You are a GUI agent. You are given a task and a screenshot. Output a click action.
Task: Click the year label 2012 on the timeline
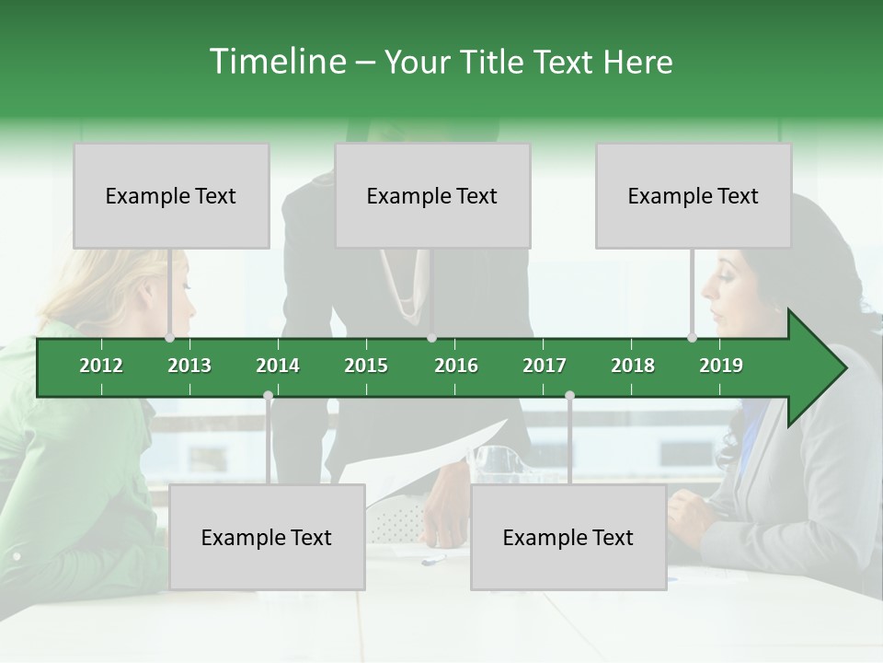pyautogui.click(x=101, y=366)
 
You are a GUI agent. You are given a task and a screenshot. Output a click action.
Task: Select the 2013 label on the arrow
pyautogui.click(x=189, y=366)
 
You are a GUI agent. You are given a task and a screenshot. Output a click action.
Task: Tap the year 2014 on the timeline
pyautogui.click(x=278, y=366)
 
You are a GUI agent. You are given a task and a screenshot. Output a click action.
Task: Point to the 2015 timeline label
pyautogui.click(x=366, y=366)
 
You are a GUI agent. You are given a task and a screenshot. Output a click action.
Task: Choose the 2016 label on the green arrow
pyautogui.click(x=456, y=366)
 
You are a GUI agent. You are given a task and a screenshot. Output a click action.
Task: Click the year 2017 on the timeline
pyautogui.click(x=545, y=366)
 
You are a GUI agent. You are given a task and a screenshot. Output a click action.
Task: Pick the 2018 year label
pyautogui.click(x=633, y=366)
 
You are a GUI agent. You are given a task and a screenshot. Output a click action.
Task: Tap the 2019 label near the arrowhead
pyautogui.click(x=721, y=366)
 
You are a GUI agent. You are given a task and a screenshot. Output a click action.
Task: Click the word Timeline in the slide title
pyautogui.click(x=277, y=62)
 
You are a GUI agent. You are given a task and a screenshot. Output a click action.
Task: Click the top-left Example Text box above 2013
pyautogui.click(x=171, y=195)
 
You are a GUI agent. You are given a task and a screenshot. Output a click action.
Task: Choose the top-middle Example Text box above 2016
pyautogui.click(x=432, y=195)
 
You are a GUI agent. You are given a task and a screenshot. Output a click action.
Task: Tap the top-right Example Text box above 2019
pyautogui.click(x=694, y=195)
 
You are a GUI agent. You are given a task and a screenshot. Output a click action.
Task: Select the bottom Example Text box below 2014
pyautogui.click(x=267, y=537)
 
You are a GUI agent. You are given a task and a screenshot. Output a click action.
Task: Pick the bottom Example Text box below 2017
pyautogui.click(x=568, y=537)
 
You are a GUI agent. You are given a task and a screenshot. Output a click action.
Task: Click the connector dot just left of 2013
pyautogui.click(x=169, y=338)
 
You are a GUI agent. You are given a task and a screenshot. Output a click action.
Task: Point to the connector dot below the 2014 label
pyautogui.click(x=268, y=396)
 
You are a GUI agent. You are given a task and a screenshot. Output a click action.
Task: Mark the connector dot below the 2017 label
pyautogui.click(x=569, y=396)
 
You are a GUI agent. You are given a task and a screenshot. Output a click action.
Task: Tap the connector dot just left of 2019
pyautogui.click(x=692, y=338)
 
